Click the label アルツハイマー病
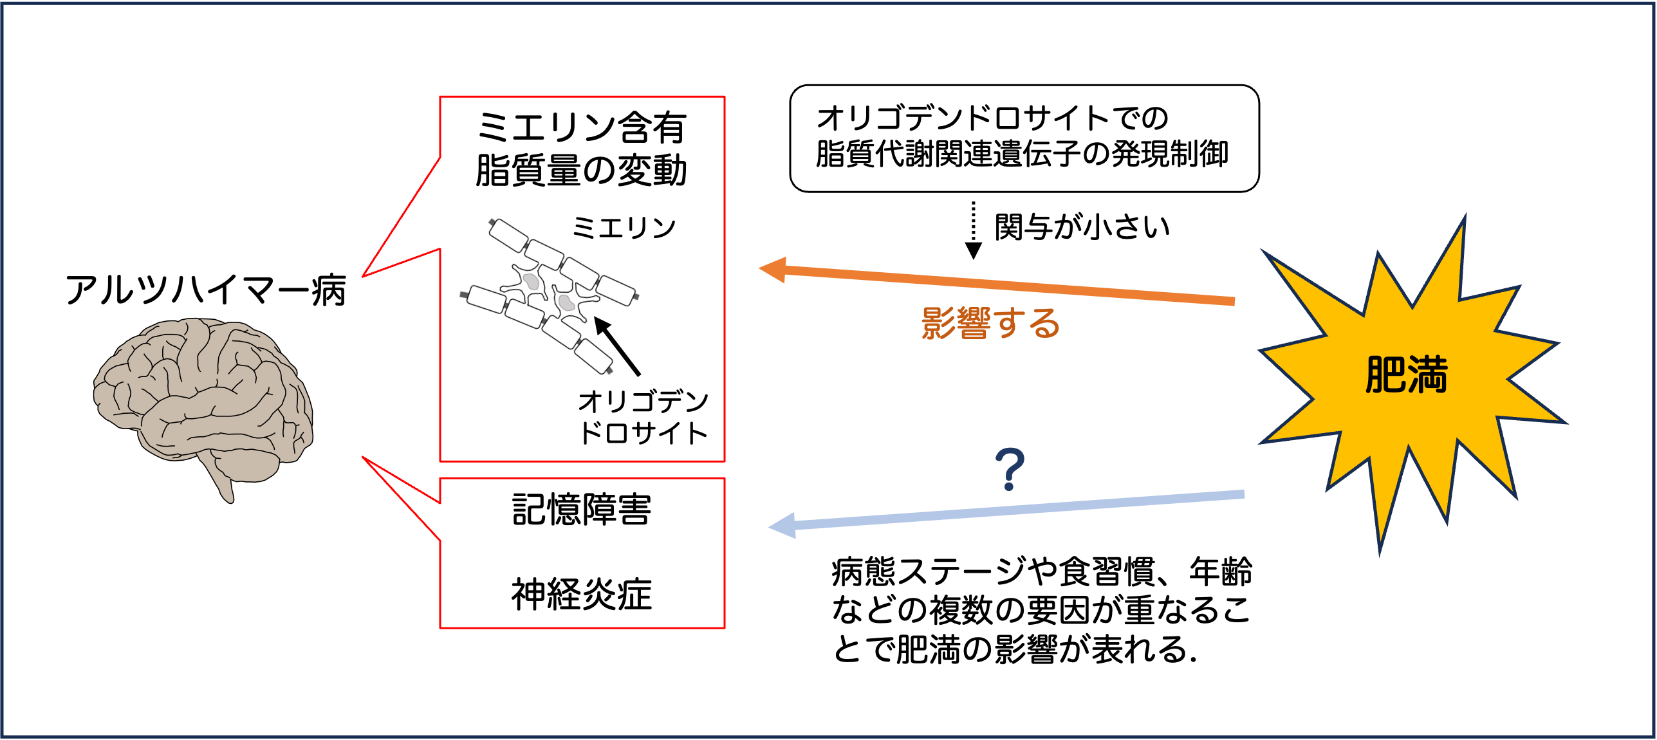click(206, 290)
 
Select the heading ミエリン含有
click(582, 127)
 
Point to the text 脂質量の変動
click(582, 171)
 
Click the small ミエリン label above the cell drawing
click(624, 228)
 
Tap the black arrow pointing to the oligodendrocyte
click(617, 346)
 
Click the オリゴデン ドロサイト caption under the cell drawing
click(643, 417)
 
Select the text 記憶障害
click(582, 510)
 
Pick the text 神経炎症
click(582, 593)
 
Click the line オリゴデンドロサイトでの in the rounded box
click(992, 118)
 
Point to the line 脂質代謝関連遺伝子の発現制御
click(1022, 154)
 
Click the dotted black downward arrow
click(974, 232)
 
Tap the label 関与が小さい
click(1082, 227)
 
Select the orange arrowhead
click(774, 270)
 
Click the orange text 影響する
click(990, 323)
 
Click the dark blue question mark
click(1010, 470)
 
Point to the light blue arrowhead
click(784, 526)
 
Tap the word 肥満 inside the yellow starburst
click(1406, 375)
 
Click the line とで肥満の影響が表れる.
click(1014, 649)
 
